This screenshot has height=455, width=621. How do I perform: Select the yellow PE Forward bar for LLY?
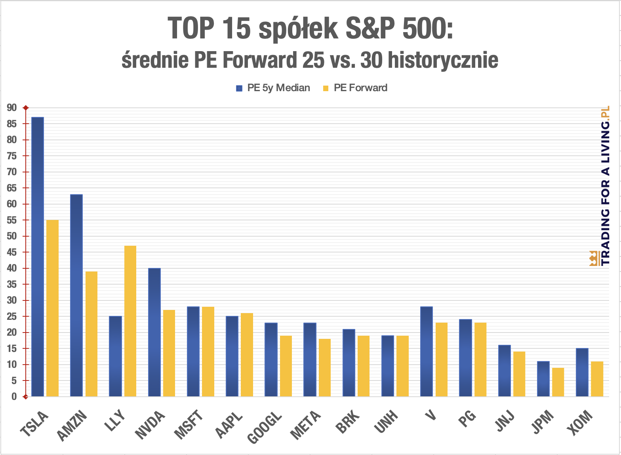(130, 321)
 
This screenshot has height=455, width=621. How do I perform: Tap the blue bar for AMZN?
(76, 295)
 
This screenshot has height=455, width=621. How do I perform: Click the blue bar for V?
(427, 352)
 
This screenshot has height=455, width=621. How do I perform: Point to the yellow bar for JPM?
(558, 382)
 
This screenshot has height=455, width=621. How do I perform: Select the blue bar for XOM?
(582, 373)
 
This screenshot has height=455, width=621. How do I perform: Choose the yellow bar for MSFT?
(208, 352)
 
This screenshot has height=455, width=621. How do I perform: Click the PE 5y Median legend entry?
(273, 88)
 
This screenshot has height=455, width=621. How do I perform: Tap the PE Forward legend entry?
(355, 88)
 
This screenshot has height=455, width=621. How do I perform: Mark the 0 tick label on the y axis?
(14, 397)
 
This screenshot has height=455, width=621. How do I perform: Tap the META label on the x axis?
(305, 426)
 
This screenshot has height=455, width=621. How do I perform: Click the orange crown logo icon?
(594, 258)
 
